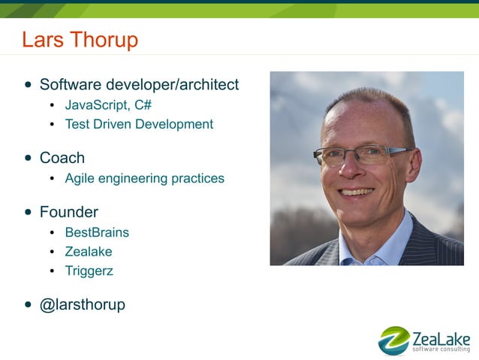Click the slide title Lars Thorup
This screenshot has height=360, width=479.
(x=80, y=39)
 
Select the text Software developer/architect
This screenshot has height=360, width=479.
(x=139, y=85)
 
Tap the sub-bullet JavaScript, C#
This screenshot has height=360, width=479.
(x=108, y=104)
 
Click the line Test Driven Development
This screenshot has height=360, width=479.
(x=139, y=124)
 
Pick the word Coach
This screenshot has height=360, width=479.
(x=62, y=158)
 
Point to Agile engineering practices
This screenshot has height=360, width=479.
(x=144, y=178)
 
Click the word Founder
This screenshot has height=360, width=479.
(x=68, y=212)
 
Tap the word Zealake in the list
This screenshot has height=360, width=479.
(x=89, y=252)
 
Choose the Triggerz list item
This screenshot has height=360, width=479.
(x=89, y=271)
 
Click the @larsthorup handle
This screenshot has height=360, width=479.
(x=82, y=304)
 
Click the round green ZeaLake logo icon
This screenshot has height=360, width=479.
(x=393, y=340)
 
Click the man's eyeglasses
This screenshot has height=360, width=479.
(x=353, y=156)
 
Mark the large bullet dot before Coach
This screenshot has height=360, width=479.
(x=28, y=159)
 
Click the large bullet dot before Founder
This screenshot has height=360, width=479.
(x=28, y=213)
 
